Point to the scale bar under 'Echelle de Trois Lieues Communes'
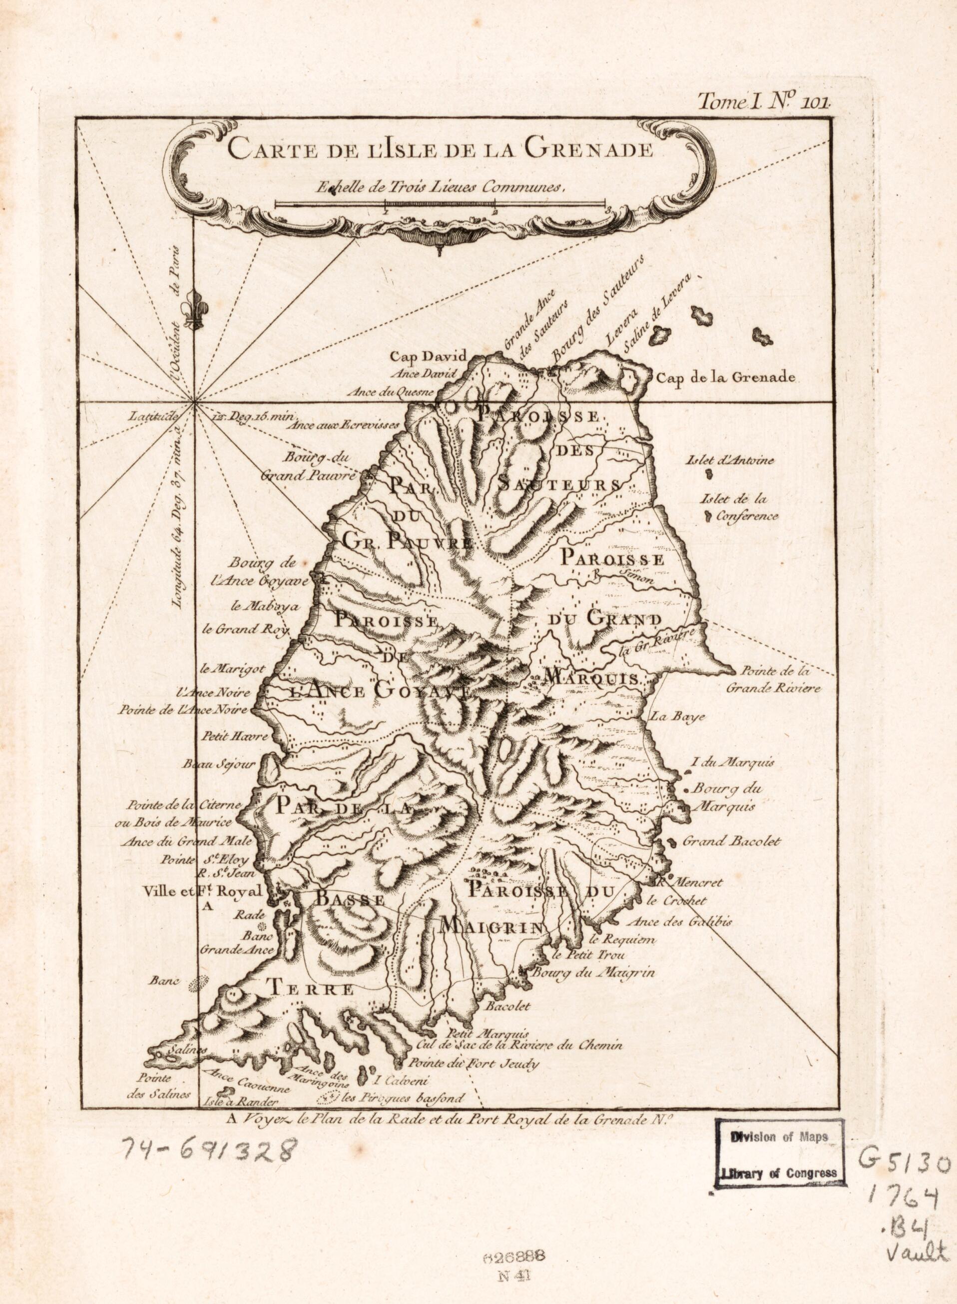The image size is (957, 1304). tap(440, 204)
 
